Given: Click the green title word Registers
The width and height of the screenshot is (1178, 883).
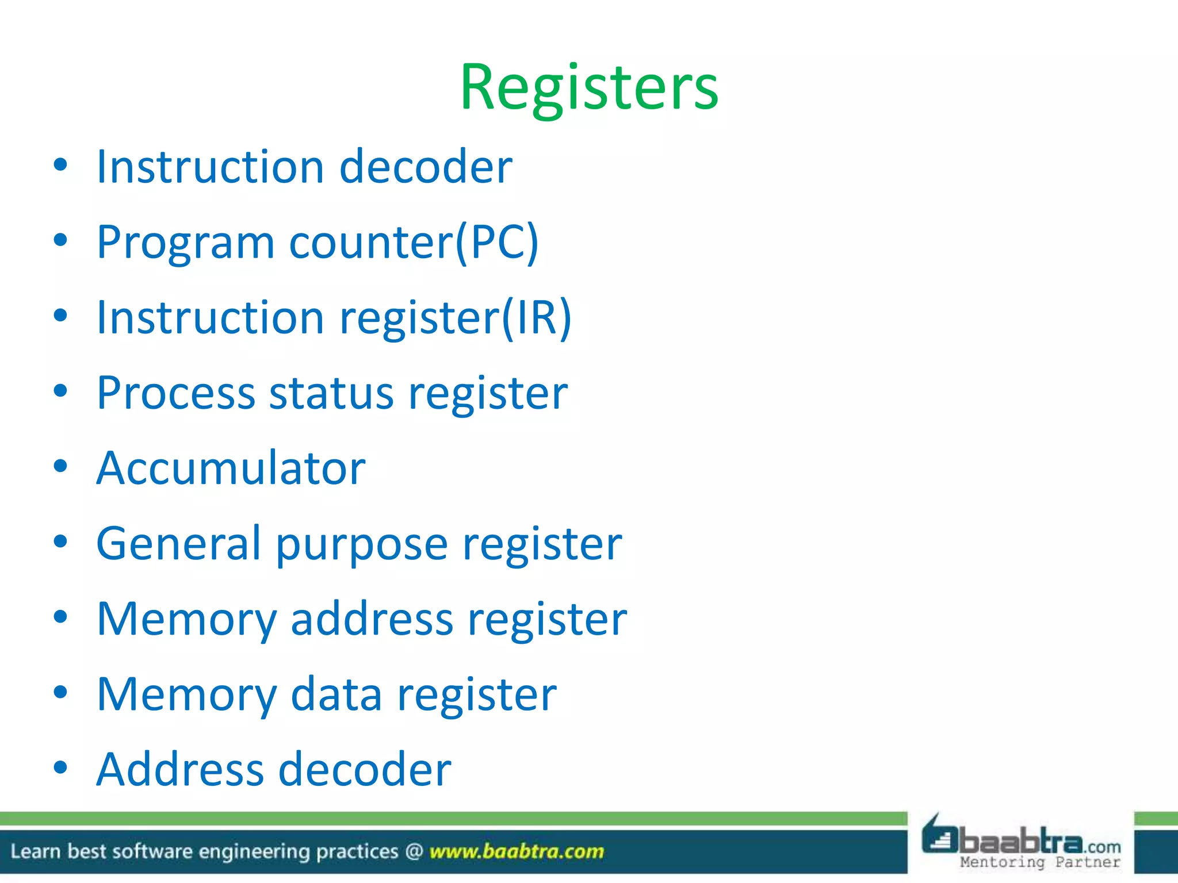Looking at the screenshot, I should pos(589,87).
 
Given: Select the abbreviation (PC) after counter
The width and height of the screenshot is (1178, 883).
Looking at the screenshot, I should pos(498,243).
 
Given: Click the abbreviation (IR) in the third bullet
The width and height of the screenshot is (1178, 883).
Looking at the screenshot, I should pos(537,318).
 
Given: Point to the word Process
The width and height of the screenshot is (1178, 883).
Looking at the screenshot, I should pos(175,393).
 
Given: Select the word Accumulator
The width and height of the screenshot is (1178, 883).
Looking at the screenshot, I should pos(231,469).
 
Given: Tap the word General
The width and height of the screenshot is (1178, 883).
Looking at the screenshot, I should pos(179,544).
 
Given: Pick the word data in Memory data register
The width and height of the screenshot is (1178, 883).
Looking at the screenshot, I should pos(336,694).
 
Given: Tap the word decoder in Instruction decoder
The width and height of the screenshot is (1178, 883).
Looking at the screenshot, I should pos(426,167).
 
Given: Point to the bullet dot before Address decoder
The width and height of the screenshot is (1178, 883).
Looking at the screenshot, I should pos(60,768).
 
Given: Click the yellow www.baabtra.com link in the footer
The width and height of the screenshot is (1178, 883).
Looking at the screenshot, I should pos(517,851).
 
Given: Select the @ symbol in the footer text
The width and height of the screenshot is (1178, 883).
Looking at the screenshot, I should pos(414,851).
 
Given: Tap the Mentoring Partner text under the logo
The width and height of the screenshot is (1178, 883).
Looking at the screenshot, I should pos(1040,862).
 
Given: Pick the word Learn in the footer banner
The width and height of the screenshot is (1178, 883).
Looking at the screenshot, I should pos(35,851).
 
